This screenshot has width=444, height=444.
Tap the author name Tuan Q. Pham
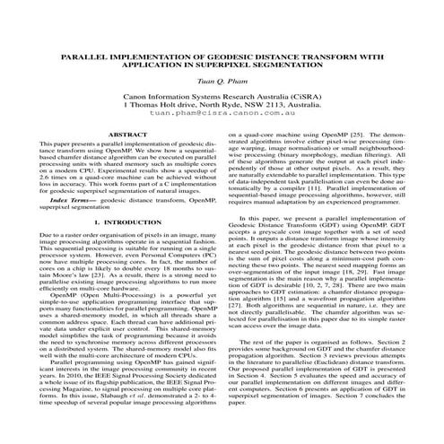click(x=222, y=81)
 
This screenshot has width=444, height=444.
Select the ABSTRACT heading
click(x=116, y=134)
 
